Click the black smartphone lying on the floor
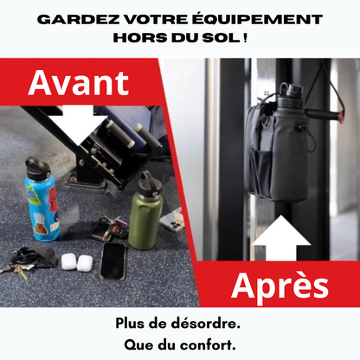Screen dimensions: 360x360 (113, 259)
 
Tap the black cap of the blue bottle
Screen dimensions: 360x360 (35, 165)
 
